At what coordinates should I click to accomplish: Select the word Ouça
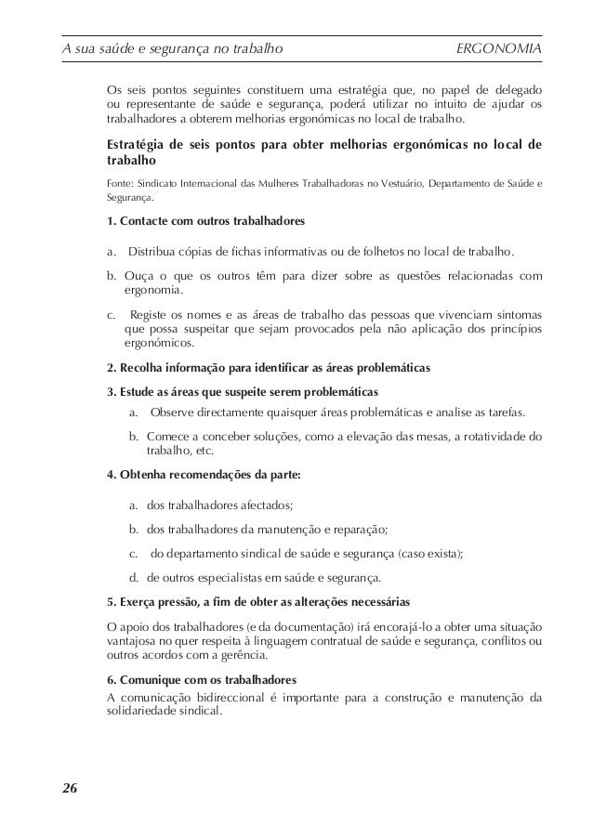coord(139,276)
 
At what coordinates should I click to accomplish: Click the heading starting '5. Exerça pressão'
coord(257,599)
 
